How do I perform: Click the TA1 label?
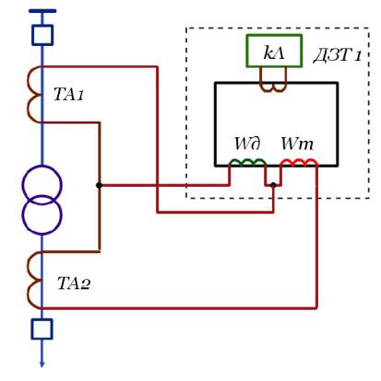(x=68, y=94)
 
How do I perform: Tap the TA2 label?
(x=74, y=283)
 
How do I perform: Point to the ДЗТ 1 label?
(x=338, y=55)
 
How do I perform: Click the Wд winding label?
(x=248, y=144)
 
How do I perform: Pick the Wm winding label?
(x=297, y=144)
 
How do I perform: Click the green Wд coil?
(x=247, y=161)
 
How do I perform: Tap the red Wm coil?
(x=299, y=161)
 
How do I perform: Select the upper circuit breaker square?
(x=42, y=35)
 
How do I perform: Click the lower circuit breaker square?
(x=42, y=329)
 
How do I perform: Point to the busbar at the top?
(x=42, y=11)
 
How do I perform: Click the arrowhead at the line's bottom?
(x=42, y=364)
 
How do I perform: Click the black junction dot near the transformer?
(x=99, y=185)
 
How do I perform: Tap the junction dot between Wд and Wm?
(x=273, y=185)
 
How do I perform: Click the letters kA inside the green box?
(x=274, y=52)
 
